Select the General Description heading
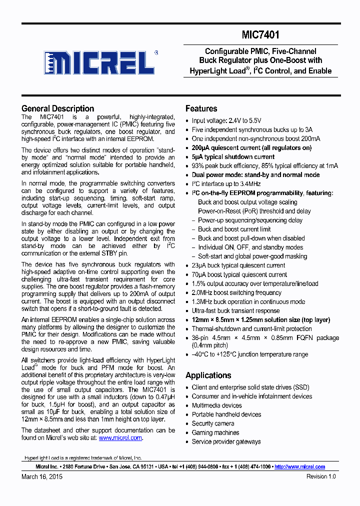coord(57,108)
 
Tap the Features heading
coord(201,108)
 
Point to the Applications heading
coord(208,375)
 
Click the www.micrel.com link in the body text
coord(120,437)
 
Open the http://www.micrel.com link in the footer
coord(299,466)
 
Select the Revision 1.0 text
coord(321,476)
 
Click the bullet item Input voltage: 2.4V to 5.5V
coord(226,120)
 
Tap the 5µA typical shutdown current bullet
coord(233,156)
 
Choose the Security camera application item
coord(213,423)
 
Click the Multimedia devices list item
coord(216,405)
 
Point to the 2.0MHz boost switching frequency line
coord(236,292)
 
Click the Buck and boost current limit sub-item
coord(234,229)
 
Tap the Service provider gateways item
coord(226,441)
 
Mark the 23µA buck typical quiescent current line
coord(238,265)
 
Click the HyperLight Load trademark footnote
coord(83,458)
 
